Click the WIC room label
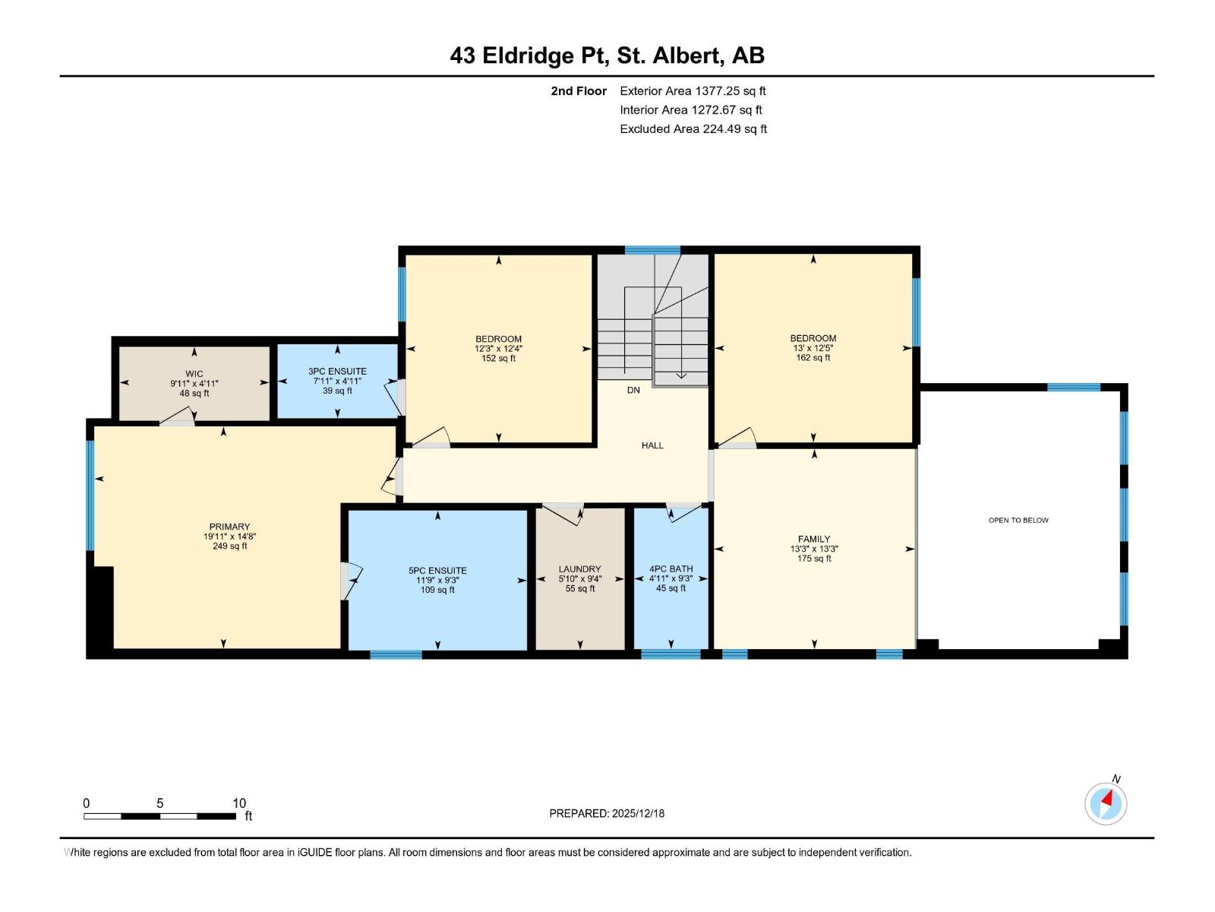pos(194,374)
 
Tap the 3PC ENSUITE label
pos(337,371)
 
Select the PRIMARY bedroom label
pos(229,527)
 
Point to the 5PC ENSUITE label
pos(437,570)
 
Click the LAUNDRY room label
pos(579,568)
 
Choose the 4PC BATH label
pos(671,568)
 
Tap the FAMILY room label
pos(814,539)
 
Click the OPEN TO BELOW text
pos(1018,520)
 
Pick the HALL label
pos(652,445)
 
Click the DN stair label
pos(633,390)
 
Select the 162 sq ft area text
pos(813,358)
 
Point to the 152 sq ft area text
pos(498,358)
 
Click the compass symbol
pos(1106,803)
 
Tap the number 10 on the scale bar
pos(239,803)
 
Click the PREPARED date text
pos(607,813)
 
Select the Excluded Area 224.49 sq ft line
pos(693,129)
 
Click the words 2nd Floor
pos(579,90)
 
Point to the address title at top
pos(607,55)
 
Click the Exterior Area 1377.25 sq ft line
pos(693,90)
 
